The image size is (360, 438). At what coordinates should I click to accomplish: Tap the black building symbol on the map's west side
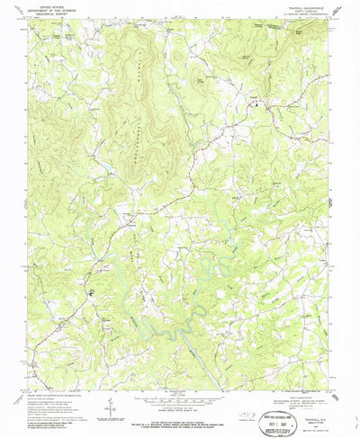[90, 293]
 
